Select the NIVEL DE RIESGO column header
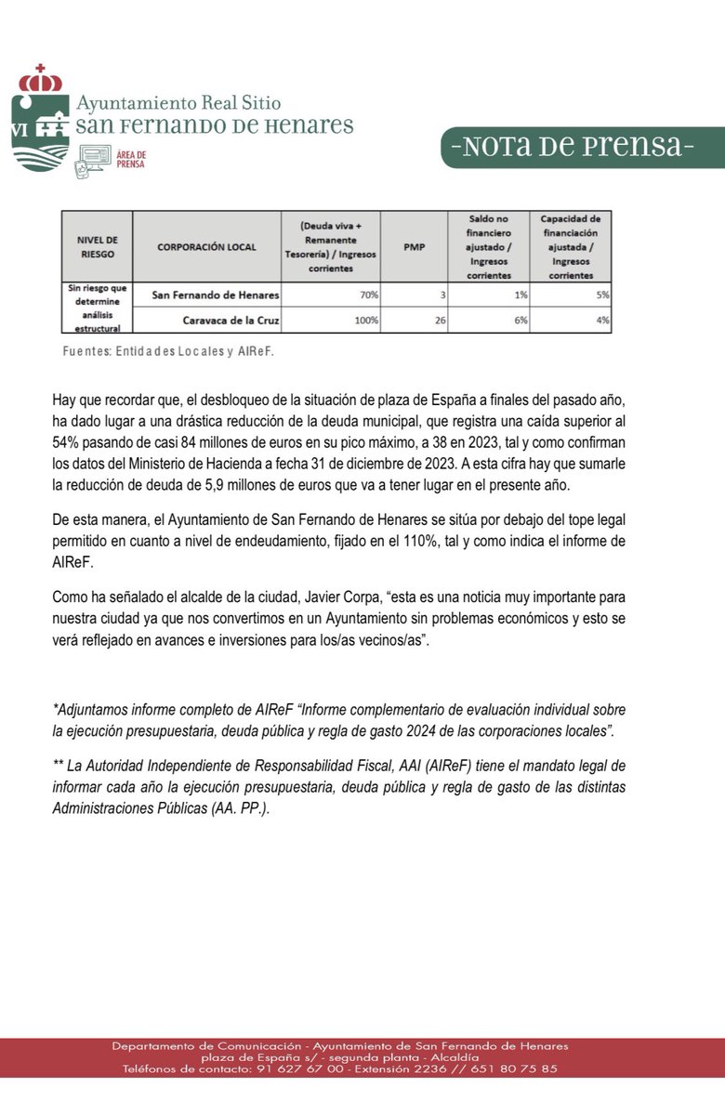[97, 247]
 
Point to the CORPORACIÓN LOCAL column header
[206, 247]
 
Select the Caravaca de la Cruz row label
[218, 320]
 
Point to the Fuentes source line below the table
[168, 352]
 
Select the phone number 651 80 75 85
[514, 1069]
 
